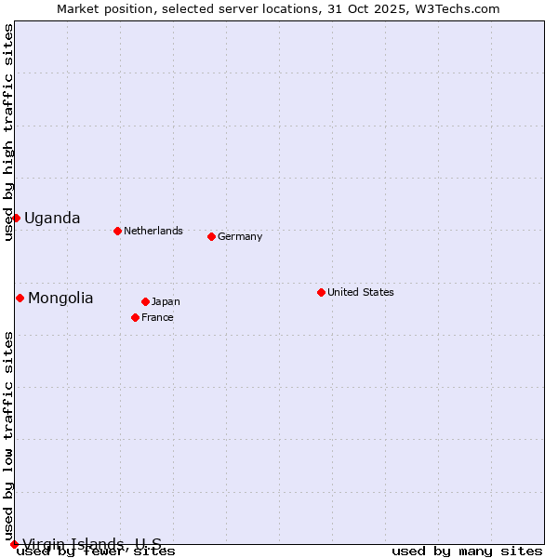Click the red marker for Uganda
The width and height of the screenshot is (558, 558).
pos(16,218)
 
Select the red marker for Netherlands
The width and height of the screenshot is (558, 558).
pos(117,231)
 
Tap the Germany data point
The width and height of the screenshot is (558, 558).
pos(211,236)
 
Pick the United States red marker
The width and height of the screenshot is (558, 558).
pos(321,292)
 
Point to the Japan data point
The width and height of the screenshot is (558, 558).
pos(145,301)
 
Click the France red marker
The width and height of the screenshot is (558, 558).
pos(135,317)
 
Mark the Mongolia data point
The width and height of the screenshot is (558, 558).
pos(20,298)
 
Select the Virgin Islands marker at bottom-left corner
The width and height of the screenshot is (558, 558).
pos(14,544)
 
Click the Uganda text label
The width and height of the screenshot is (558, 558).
pos(52,219)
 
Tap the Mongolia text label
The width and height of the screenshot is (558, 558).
pos(60,299)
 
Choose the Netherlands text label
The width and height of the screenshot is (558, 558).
pos(153,231)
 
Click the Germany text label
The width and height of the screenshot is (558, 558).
pos(240,236)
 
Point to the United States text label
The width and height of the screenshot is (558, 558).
pos(361,292)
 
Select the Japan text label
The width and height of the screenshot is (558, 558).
pos(166,301)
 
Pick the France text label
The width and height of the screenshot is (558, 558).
pos(157,317)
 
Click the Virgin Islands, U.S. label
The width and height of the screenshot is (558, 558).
pos(92,544)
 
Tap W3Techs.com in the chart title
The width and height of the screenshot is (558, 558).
pos(462,8)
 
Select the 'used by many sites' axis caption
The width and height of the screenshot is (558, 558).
pos(467,551)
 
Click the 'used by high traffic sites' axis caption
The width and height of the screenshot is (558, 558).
pos(9,132)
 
